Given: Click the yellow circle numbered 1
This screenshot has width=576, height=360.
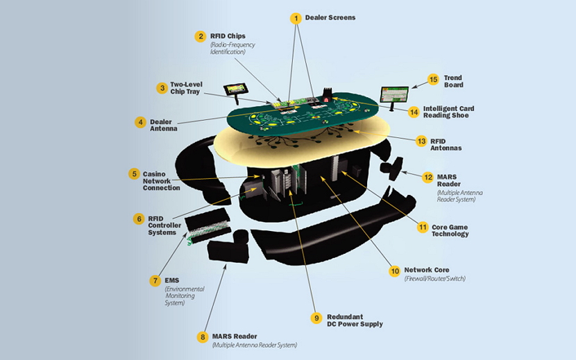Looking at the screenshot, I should click(x=296, y=17).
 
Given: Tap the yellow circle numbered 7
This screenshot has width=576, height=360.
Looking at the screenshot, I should click(x=155, y=281).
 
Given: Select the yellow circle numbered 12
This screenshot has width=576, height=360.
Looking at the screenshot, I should click(x=427, y=177).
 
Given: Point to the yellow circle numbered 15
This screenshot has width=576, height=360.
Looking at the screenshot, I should click(x=433, y=80).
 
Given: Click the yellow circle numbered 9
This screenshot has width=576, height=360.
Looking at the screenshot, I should click(x=316, y=318).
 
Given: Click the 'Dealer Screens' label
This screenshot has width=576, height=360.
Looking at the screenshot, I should click(x=330, y=17).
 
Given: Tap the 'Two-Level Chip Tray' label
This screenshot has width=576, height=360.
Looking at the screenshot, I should click(x=185, y=88).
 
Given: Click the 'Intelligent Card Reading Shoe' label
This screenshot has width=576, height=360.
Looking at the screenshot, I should click(x=449, y=112).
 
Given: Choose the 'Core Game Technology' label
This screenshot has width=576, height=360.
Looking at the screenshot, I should click(x=450, y=230).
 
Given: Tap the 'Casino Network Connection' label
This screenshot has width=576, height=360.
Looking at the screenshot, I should click(x=161, y=180).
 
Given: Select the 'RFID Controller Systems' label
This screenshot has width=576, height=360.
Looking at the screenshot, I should click(x=164, y=225).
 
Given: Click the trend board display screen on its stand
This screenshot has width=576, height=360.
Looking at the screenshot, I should click(x=394, y=94).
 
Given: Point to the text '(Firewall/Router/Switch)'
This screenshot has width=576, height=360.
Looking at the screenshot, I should click(x=434, y=278).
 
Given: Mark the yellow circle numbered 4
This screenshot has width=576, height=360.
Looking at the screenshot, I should click(x=141, y=122).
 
